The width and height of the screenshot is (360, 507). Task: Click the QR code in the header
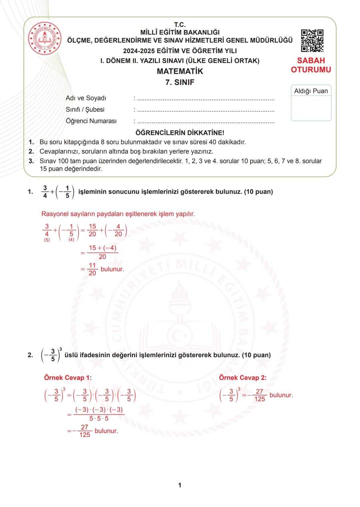pos(312,41)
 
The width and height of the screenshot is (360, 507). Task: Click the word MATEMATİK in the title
pos(180,71)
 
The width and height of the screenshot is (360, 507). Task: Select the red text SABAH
pos(311,61)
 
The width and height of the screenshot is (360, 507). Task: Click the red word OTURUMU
pos(311,70)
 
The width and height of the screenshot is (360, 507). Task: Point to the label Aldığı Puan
pos(311,91)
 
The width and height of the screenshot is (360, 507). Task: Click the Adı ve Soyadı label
pos(86,98)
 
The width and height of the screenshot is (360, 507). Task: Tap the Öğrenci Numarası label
pos(91,121)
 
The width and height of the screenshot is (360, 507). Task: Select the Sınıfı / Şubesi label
pos(85,110)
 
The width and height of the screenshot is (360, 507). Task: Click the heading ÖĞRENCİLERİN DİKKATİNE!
pos(180,133)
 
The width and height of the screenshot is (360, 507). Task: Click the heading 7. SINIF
pos(180,82)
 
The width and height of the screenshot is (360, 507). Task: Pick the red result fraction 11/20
pos(92,269)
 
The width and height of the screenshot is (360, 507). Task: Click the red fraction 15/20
pos(92,230)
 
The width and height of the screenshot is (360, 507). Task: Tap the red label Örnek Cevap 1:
pos(68,378)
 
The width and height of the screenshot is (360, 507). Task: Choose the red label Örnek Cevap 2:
pos(243,378)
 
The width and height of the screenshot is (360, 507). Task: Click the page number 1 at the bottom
pos(180,485)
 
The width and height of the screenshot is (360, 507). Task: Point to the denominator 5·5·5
pos(99,419)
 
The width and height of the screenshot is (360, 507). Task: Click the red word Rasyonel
pos(55,214)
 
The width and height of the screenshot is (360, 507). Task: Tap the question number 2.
pos(30,355)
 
